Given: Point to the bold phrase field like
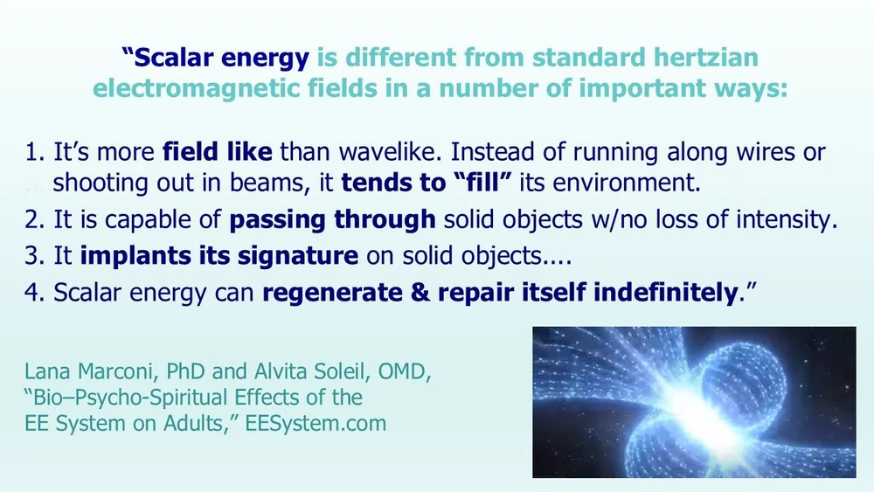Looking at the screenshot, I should click(x=218, y=153).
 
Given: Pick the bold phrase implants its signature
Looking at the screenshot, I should click(x=218, y=258).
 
